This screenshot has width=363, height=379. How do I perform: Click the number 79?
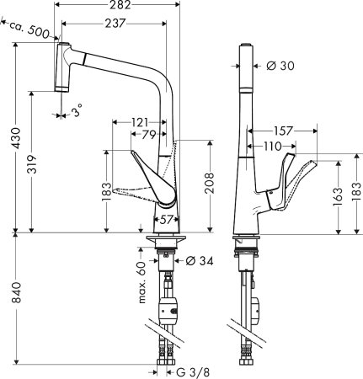(148, 135)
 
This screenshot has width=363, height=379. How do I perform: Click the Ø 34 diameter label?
(197, 259)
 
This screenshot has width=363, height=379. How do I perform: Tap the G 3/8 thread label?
(190, 371)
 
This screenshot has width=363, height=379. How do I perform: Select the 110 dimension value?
(270, 147)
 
